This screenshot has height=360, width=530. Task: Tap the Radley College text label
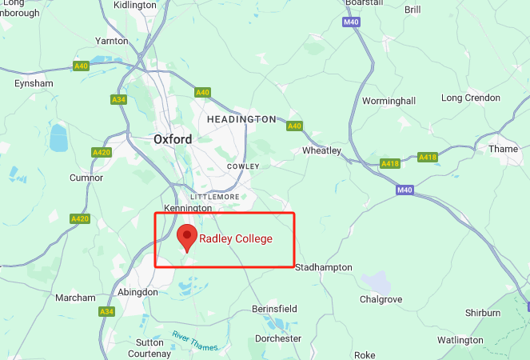[236, 238]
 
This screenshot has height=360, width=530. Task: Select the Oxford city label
[173, 139]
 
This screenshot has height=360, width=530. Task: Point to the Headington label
[241, 119]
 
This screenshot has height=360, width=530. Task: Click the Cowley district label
[243, 166]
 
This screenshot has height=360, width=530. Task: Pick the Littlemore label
[214, 196]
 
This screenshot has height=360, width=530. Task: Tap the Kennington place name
[187, 208]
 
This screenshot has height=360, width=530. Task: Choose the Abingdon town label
[138, 293]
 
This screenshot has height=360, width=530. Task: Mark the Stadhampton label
[324, 267]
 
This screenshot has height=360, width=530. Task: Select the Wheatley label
[321, 150]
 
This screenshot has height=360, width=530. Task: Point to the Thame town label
[504, 149]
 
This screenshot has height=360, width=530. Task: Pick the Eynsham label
[34, 83]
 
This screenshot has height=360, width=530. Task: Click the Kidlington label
[135, 5]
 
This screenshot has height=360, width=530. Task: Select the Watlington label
[460, 340]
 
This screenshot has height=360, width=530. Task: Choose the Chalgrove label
[381, 299]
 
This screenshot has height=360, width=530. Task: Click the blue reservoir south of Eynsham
[58, 138]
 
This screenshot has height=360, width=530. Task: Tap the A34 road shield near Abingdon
[106, 311]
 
